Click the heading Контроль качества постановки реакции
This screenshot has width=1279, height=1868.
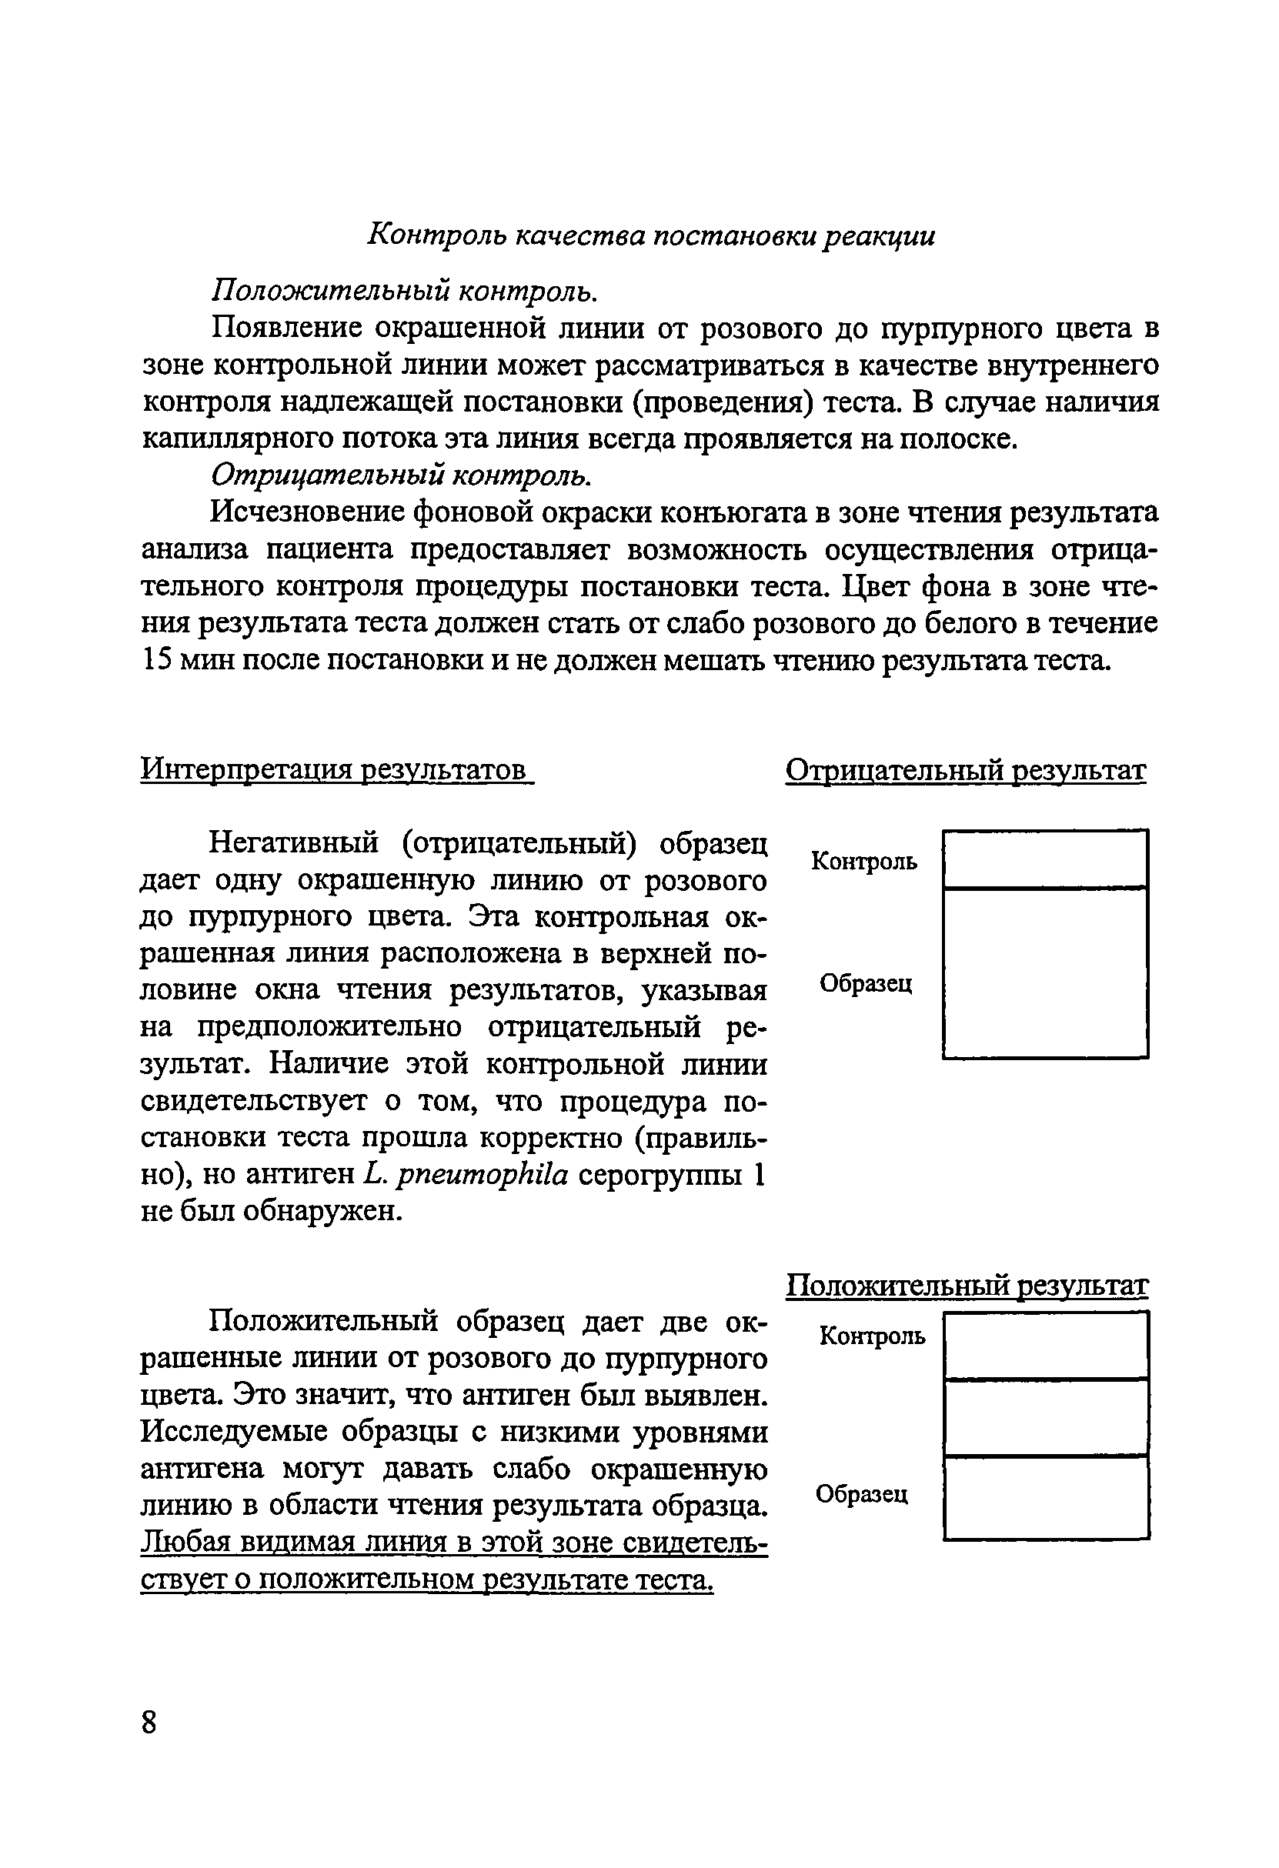(651, 235)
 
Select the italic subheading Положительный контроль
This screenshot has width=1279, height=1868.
(404, 291)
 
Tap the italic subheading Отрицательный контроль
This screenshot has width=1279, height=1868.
(400, 475)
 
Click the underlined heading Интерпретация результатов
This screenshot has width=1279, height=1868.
(336, 769)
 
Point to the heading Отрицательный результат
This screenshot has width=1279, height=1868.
(966, 770)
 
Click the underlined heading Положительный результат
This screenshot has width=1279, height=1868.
(967, 1286)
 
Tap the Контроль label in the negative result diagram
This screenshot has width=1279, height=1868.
(864, 861)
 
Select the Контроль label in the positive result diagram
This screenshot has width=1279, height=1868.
(872, 1336)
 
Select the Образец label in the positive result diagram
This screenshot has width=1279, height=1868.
(862, 1493)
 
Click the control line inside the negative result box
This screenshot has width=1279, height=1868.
(1045, 887)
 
